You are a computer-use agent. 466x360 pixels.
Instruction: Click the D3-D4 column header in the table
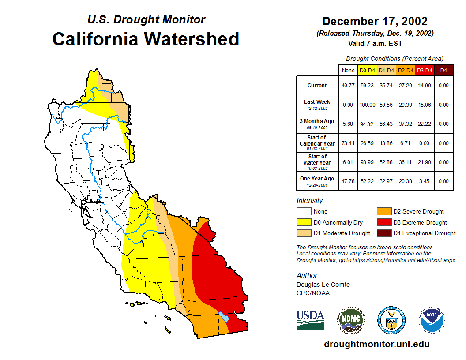tap(425, 70)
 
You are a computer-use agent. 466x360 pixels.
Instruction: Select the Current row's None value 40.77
tap(348, 86)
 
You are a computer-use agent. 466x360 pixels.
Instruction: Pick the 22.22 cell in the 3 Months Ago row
tap(425, 124)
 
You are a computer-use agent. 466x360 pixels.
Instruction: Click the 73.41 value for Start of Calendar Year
tap(348, 143)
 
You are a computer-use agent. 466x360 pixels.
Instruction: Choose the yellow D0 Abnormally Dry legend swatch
tap(304, 222)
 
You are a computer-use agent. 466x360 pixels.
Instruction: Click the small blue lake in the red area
tap(224, 317)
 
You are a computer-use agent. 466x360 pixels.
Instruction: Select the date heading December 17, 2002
tap(375, 21)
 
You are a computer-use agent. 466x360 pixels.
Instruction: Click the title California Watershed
tap(146, 39)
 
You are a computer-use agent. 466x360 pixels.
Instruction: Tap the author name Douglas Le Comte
tap(323, 285)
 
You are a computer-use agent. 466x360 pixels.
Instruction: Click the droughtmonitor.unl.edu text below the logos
tap(376, 344)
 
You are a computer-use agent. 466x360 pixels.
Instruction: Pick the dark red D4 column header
tap(443, 70)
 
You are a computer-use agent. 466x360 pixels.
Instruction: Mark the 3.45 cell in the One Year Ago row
tap(425, 181)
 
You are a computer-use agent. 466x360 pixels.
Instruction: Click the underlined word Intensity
tap(310, 201)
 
